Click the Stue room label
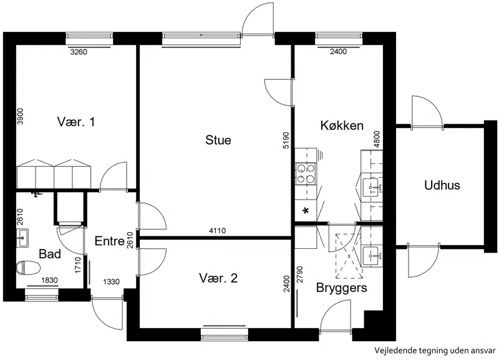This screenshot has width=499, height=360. [218, 140]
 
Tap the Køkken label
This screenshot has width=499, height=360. [342, 125]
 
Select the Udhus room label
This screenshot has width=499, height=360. [442, 185]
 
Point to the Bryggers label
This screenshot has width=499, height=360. [341, 288]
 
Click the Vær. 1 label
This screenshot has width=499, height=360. [76, 122]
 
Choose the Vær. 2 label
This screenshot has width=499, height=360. [218, 278]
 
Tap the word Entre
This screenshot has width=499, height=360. [110, 241]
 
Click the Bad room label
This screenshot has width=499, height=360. [50, 254]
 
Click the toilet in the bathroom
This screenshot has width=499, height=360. [28, 268]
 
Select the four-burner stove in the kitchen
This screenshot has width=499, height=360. [306, 173]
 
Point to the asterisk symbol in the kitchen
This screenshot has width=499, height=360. [306, 211]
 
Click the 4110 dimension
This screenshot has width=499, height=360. [218, 230]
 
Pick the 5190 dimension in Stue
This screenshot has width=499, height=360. [286, 140]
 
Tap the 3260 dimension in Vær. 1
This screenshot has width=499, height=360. [79, 52]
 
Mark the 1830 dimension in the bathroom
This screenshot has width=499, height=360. [50, 280]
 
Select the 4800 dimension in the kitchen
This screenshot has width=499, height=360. [377, 139]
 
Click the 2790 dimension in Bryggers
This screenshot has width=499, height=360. [299, 275]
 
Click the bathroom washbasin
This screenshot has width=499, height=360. [22, 238]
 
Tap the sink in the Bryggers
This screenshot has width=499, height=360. [371, 256]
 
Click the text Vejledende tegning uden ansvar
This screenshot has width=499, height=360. [435, 351]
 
